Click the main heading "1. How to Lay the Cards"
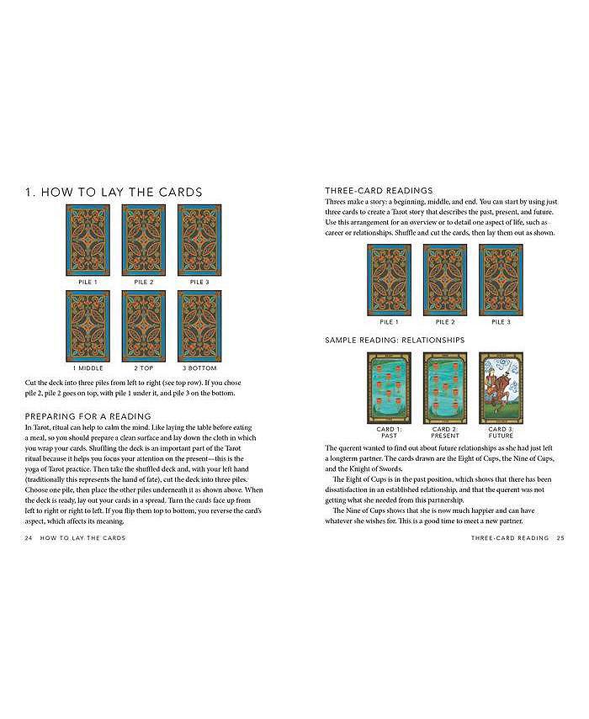click(114, 193)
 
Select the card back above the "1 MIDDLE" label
click(88, 325)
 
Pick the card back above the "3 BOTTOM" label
click(199, 325)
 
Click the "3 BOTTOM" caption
click(199, 368)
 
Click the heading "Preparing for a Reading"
click(88, 415)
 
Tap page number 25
click(560, 538)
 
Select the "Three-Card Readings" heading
click(379, 191)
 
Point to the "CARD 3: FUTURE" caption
click(501, 433)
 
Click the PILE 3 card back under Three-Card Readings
click(501, 279)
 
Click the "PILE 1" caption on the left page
click(88, 283)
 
